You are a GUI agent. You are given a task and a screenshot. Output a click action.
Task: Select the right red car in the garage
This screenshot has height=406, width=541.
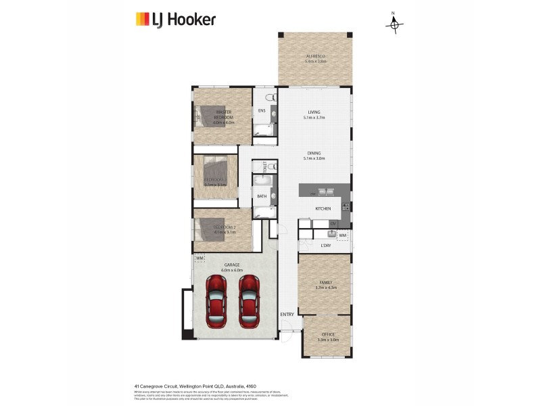point(248,302)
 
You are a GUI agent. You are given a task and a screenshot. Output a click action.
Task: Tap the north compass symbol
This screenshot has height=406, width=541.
point(394,24)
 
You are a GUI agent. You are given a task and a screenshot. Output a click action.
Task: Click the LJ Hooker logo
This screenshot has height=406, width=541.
point(175,19)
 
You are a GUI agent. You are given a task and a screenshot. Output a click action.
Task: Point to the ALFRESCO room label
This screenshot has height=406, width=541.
point(316,56)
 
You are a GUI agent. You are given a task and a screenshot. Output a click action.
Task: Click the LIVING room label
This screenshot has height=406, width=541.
point(314,112)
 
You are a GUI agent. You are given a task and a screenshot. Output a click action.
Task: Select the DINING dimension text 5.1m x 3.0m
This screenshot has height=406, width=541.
point(314,158)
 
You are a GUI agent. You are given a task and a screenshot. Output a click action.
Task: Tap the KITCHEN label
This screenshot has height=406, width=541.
point(323,208)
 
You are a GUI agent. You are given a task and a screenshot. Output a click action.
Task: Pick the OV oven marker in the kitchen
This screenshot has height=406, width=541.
point(333,223)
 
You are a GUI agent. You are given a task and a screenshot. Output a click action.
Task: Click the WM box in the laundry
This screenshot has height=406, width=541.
point(343,235)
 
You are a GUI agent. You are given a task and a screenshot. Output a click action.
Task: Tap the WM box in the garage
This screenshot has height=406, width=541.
point(199,258)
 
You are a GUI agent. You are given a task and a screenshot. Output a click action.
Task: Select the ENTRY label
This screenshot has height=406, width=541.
point(287,314)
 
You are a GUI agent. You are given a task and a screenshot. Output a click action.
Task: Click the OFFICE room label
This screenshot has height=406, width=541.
point(327,334)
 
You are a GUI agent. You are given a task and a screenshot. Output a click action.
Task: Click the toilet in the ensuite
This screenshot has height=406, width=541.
point(271,99)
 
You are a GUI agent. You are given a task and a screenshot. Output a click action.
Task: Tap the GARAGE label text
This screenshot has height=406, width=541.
point(222,265)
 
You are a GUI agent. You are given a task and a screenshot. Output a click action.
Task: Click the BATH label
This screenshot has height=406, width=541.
point(262,196)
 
